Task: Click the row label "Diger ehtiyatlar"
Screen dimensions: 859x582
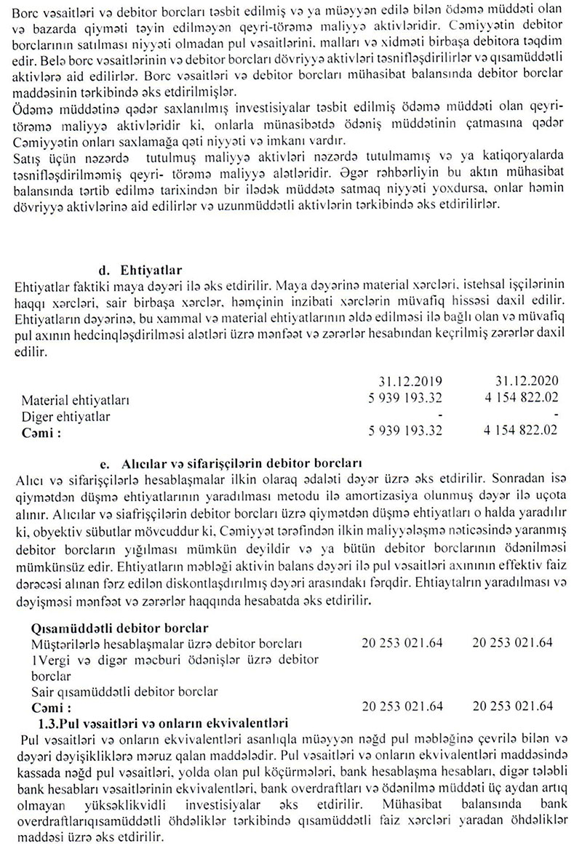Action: pos(69,416)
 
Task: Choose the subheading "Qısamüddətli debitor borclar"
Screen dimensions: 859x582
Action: pos(120,628)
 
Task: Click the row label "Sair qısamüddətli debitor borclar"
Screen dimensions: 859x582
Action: pos(124,691)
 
